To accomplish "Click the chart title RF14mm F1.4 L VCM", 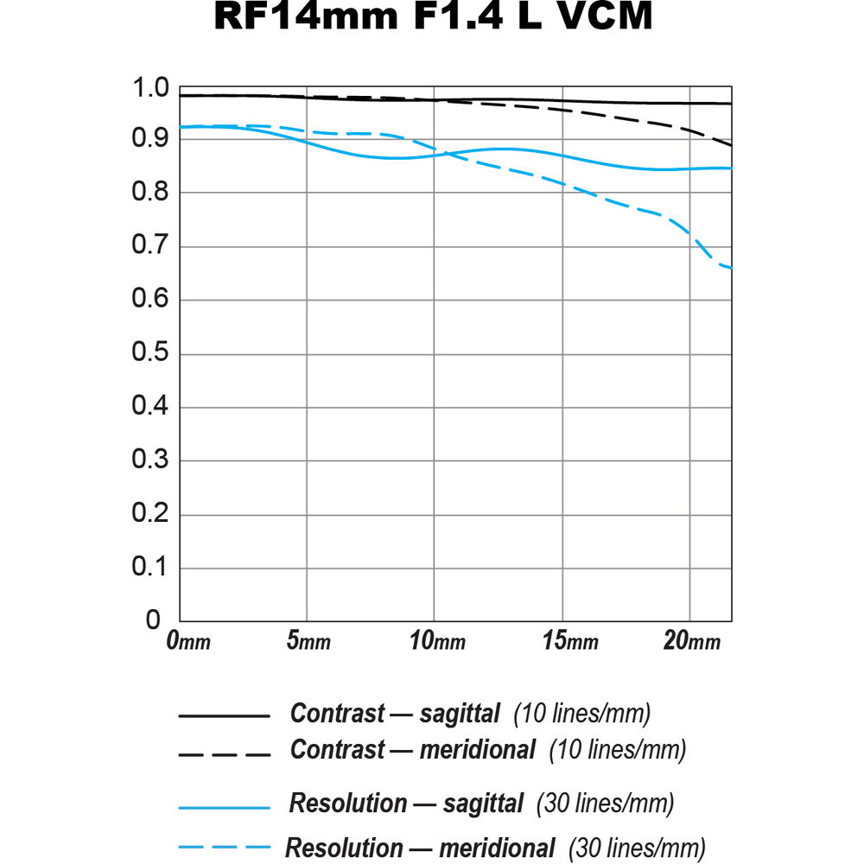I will point(432,16).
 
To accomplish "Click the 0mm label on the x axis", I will point(187,641).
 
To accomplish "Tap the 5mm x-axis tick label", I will point(308,641).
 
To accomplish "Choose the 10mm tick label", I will point(438,641).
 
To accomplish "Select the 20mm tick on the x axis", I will point(691,641).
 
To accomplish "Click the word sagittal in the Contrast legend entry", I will point(460,715).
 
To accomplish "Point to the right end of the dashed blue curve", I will point(731,268).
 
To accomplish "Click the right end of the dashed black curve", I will point(731,144).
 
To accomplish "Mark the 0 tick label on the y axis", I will point(153,620).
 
